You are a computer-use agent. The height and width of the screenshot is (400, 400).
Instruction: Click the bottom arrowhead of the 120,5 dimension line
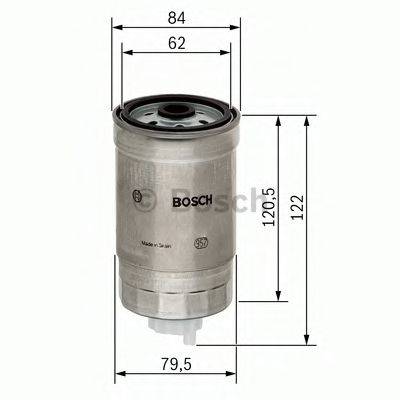point(279,299)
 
